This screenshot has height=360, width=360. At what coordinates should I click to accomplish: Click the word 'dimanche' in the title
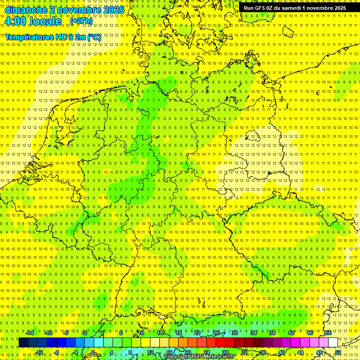click(x=25, y=10)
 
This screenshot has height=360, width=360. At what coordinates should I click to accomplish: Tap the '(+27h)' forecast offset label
click(x=81, y=21)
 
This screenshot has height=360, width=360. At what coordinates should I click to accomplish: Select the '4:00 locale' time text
click(x=33, y=21)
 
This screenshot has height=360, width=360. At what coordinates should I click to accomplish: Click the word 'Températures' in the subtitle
click(x=30, y=37)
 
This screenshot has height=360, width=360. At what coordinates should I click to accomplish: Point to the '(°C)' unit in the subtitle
click(x=94, y=37)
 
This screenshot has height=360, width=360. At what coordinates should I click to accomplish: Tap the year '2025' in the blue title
click(x=112, y=10)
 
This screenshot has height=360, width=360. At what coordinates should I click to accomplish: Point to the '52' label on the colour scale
click(x=338, y=352)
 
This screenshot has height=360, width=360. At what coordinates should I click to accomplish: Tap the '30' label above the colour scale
click(x=235, y=333)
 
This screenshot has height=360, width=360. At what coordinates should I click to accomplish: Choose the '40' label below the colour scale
click(x=282, y=352)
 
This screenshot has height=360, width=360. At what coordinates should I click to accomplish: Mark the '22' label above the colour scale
click(x=197, y=333)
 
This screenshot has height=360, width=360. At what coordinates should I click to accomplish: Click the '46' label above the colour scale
click(x=310, y=333)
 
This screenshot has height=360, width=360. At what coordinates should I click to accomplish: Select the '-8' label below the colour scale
click(x=57, y=352)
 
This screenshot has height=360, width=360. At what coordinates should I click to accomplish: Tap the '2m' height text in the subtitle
click(x=80, y=37)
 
